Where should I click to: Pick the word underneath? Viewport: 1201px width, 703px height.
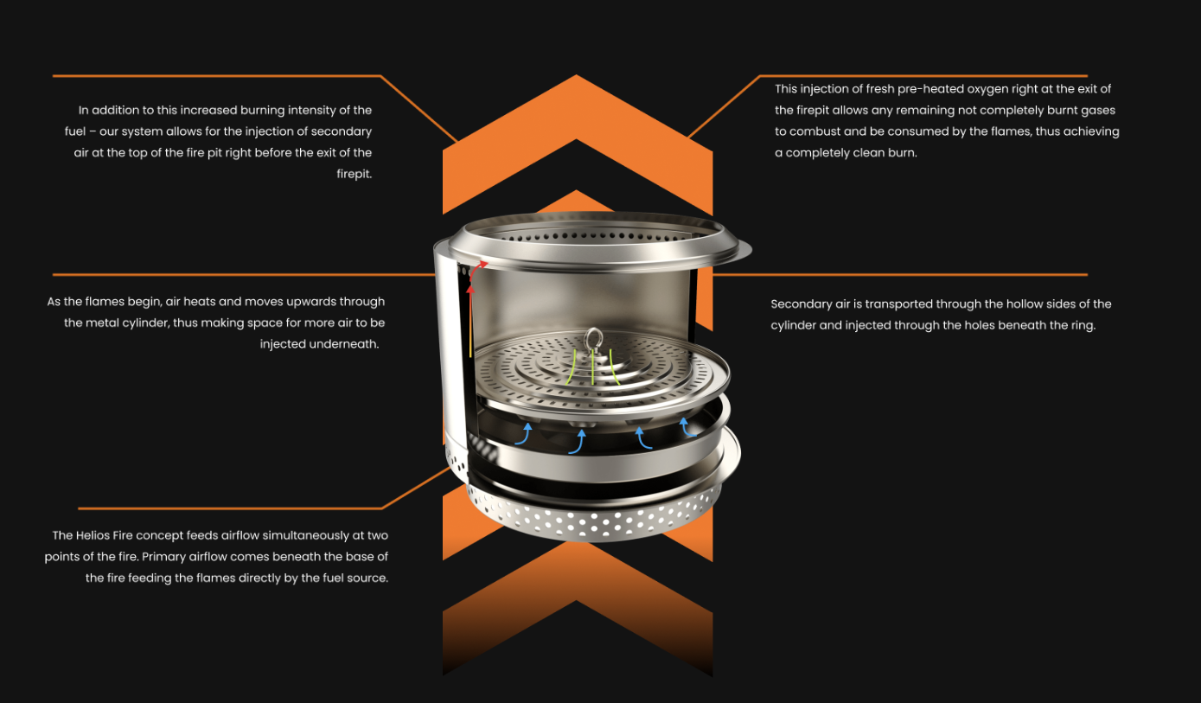[348, 344]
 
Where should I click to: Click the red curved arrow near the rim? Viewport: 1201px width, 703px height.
[476, 271]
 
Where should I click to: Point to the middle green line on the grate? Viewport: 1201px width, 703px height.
[592, 367]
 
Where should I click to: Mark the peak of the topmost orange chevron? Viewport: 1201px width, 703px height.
[577, 75]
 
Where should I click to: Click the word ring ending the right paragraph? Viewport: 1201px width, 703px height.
[1083, 325]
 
